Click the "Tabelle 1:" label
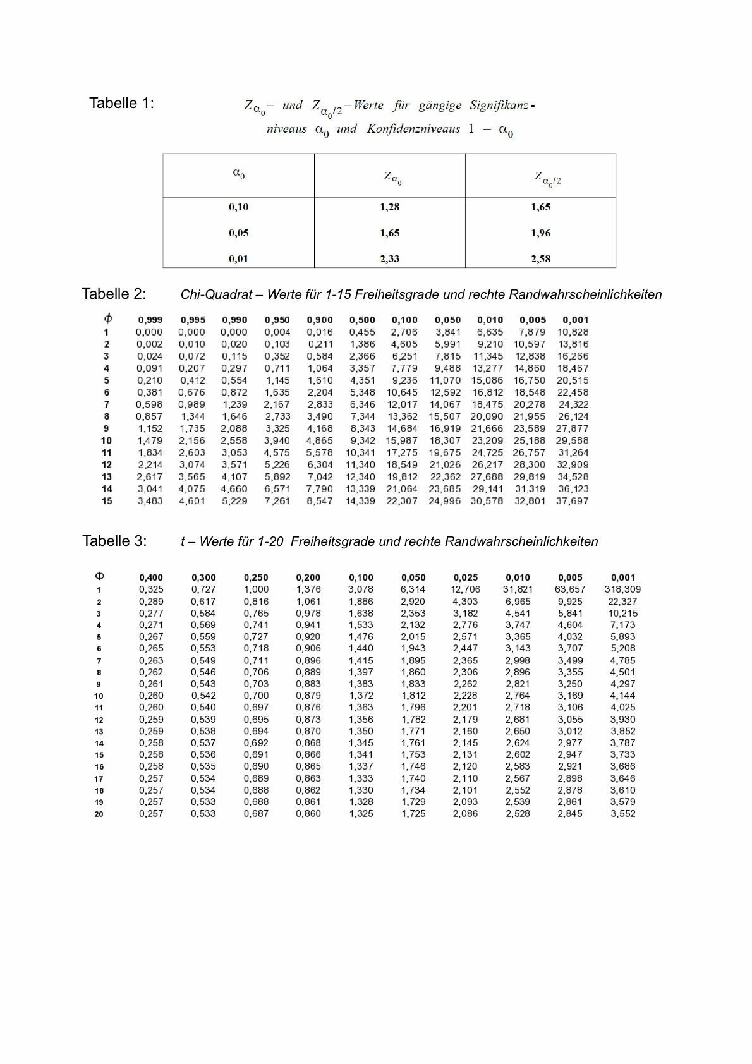coord(121,104)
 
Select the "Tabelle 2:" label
coord(114,294)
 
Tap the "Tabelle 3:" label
coord(114,541)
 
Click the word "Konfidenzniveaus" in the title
coord(413,129)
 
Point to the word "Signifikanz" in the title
coord(499,106)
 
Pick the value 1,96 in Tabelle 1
coord(540,233)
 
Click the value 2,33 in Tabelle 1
coord(389,259)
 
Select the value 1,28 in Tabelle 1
coord(389,207)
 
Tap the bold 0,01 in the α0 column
coord(238,259)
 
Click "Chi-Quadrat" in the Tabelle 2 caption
coord(216,294)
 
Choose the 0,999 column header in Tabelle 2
coord(150,320)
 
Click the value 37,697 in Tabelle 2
coord(572,501)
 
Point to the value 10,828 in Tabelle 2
coord(573,332)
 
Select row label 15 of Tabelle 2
coord(107,501)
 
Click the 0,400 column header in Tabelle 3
coord(151,577)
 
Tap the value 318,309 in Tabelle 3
coord(622,589)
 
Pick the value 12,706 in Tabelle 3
coord(465,589)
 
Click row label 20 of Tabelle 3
coord(99,814)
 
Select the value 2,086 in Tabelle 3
coord(465,814)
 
